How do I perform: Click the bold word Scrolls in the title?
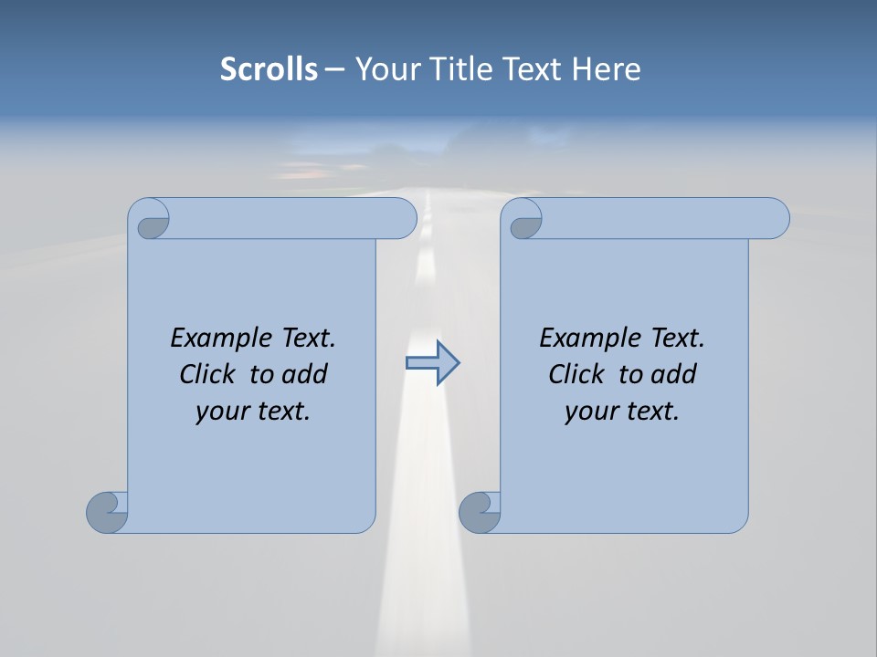(269, 68)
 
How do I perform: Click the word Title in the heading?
(454, 68)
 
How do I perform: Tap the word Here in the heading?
(606, 68)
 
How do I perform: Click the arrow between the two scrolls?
(432, 363)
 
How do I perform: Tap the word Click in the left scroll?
(206, 374)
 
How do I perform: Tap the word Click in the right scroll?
(576, 374)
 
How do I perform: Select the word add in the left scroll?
(305, 374)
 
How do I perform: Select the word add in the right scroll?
(674, 374)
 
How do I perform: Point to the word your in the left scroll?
(219, 412)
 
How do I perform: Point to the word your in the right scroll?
(588, 412)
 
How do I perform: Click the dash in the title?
(334, 68)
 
